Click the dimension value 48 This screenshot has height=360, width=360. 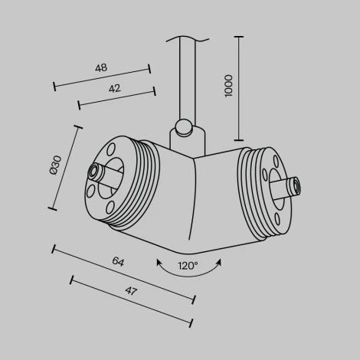(100, 67)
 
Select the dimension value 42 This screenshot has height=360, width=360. (114, 88)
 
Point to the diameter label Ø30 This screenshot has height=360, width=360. (54, 166)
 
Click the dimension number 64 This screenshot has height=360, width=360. (117, 262)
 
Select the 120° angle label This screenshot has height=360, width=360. (188, 267)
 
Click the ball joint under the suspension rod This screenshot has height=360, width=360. (183, 126)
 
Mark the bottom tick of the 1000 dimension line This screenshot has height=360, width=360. (241, 140)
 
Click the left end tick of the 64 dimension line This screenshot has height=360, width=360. (54, 248)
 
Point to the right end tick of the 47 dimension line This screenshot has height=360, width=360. (191, 322)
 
